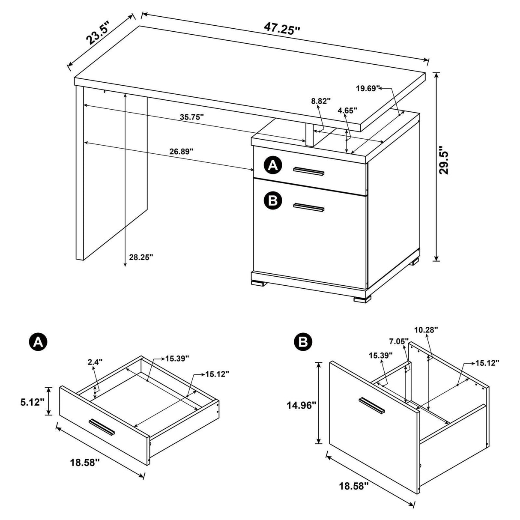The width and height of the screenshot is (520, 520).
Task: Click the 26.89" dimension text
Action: point(181,151)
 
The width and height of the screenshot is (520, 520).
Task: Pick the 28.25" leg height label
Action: point(140,257)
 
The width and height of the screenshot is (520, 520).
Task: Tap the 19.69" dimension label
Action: point(368,89)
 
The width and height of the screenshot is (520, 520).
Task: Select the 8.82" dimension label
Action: point(321,102)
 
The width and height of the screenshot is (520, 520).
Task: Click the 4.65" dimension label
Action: point(347,111)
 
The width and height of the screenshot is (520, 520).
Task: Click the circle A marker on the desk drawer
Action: point(273,165)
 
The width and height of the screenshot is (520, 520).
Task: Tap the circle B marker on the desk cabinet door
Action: point(273,200)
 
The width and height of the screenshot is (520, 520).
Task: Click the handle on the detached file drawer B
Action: point(372,405)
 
